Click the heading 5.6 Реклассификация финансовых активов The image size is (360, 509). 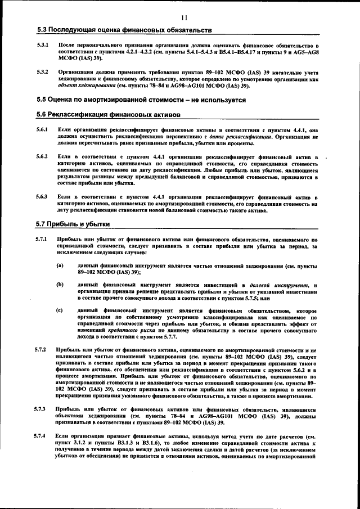click(109, 115)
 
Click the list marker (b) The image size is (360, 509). click(60, 285)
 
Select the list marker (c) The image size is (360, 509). click(60, 310)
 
